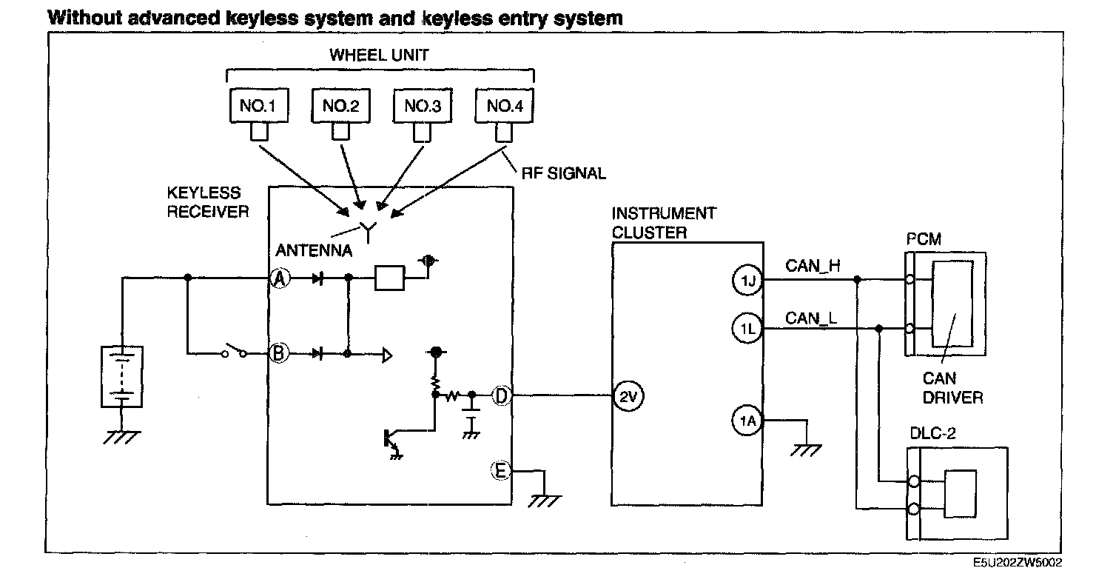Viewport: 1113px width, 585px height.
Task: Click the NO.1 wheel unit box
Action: click(x=258, y=107)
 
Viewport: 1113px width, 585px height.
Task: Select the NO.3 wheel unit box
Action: click(x=423, y=107)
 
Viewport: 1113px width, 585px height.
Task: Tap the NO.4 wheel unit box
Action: click(x=505, y=107)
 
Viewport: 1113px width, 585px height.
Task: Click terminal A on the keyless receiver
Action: click(x=280, y=279)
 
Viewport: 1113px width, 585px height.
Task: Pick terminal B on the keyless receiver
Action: click(x=279, y=354)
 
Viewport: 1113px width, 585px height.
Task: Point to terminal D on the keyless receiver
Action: click(x=501, y=395)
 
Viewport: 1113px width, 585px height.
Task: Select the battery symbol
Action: click(x=121, y=376)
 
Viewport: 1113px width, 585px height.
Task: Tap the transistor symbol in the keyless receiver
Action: click(x=389, y=439)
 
